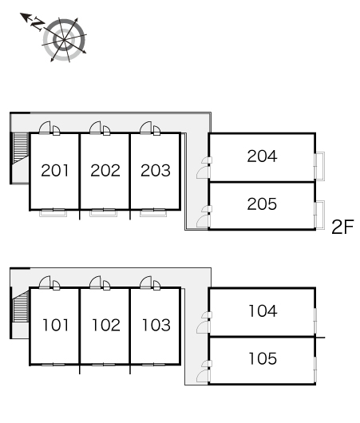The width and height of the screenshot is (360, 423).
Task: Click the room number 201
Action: pos(55,171)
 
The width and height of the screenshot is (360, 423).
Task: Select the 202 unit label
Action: pos(105,171)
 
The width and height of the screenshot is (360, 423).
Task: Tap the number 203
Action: pos(156,171)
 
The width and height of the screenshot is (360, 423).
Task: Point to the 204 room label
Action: pos(262,156)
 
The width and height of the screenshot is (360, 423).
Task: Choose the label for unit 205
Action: pos(262,204)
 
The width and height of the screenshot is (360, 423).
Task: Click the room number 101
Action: pos(56,325)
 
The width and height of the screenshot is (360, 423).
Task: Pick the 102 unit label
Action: pos(106,325)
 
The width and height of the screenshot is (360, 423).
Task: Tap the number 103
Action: pos(156,325)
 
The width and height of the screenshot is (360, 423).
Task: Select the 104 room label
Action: pos(263,310)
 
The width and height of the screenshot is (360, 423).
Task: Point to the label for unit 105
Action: pos(263,358)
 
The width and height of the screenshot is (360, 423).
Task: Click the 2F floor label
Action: pos(342,227)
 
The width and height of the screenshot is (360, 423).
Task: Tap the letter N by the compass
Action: pos(38,23)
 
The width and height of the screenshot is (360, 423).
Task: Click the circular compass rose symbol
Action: pos(64,40)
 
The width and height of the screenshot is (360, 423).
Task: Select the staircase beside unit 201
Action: pos(21,148)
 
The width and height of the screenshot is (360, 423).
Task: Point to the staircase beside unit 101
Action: pos(21,306)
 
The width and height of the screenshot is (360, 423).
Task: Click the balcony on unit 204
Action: pos(320,166)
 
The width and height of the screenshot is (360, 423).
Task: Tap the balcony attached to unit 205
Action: pos(320,215)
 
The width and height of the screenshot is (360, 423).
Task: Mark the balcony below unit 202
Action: pos(103,213)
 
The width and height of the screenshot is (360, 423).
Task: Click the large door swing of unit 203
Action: pos(146,128)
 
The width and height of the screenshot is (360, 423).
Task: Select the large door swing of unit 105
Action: pos(204,377)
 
